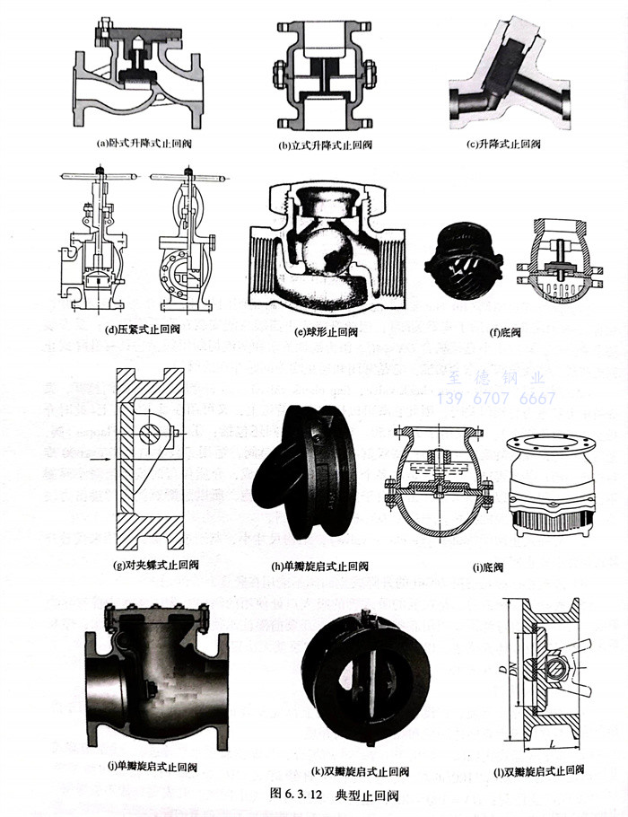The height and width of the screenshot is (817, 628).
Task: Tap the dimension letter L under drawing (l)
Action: (558, 742)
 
